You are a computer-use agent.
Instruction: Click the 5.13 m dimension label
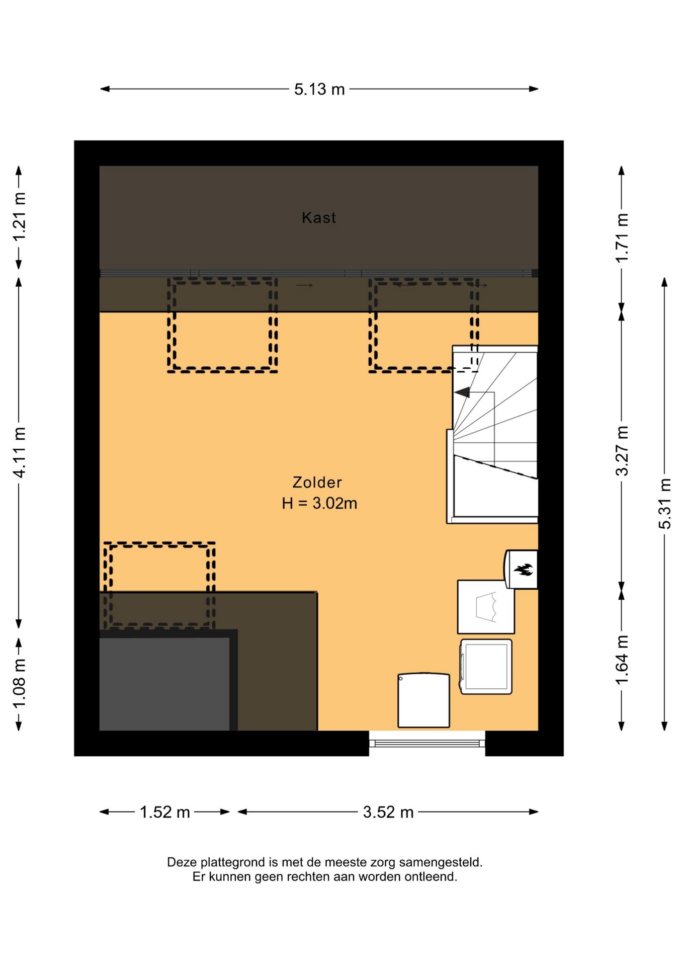[x=319, y=90]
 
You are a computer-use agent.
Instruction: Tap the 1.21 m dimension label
[x=19, y=217]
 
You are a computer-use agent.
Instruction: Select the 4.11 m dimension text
[x=19, y=452]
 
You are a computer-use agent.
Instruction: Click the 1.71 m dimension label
[x=622, y=237]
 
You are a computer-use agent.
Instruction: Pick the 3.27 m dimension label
[x=622, y=451]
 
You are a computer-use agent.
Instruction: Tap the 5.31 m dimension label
[x=665, y=504]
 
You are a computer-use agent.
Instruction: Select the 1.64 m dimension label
[x=622, y=660]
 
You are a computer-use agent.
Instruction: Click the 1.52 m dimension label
[x=165, y=812]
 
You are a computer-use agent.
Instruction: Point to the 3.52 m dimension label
[x=388, y=812]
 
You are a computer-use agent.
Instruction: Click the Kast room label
[x=319, y=217]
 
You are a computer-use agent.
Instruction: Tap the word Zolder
[x=317, y=482]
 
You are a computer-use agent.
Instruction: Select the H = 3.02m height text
[x=319, y=503]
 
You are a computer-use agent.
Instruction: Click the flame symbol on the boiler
[x=523, y=570]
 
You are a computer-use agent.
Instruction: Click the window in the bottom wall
[x=427, y=743]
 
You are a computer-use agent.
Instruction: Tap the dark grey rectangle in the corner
[x=164, y=684]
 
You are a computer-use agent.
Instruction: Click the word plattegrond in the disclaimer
[x=233, y=862]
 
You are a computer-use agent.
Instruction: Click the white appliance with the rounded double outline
[x=486, y=667]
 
